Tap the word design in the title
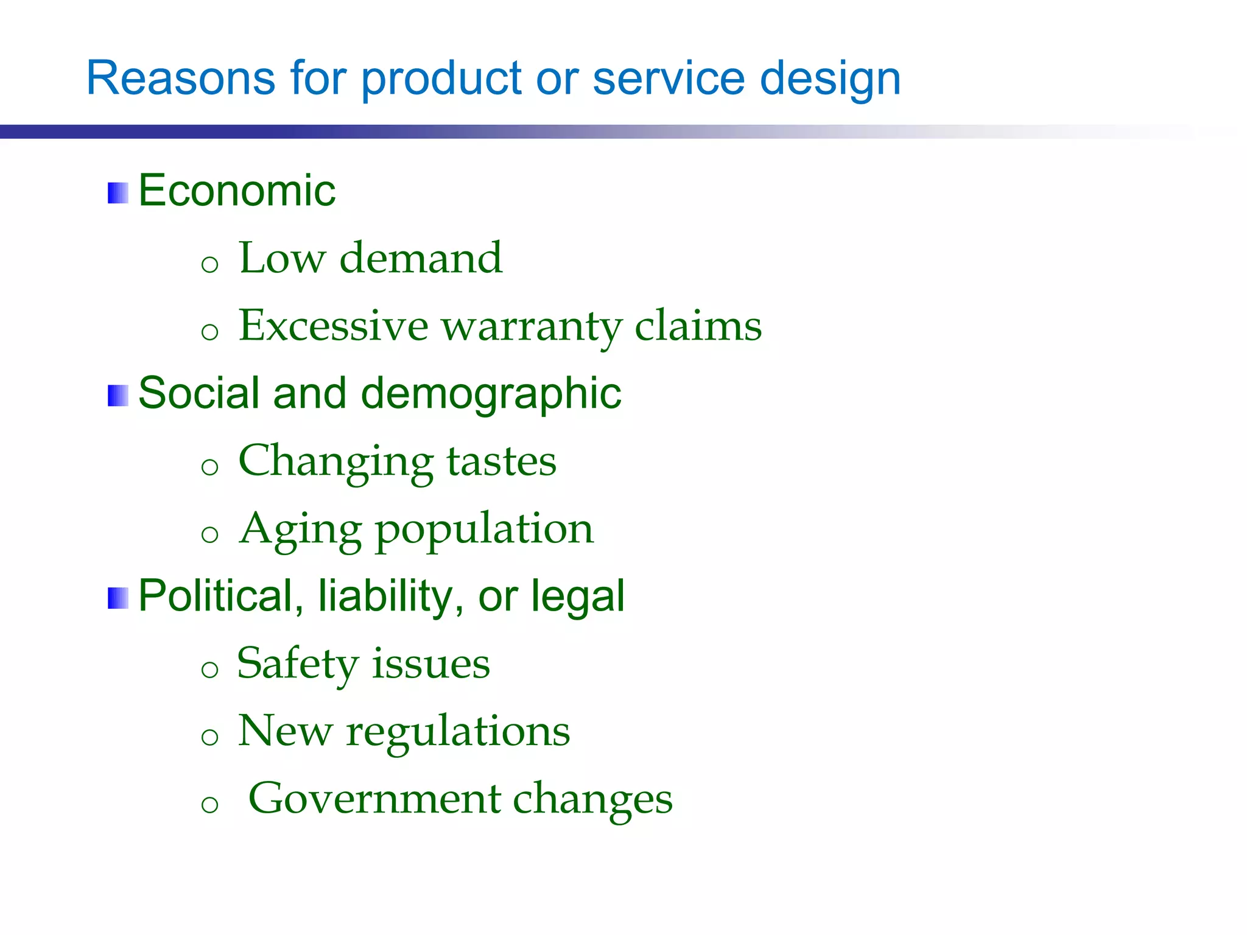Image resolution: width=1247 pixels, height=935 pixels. (x=831, y=79)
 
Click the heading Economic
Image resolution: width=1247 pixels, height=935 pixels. (x=237, y=191)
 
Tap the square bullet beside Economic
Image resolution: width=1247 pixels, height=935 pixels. (x=118, y=193)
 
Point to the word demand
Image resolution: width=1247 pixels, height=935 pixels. (x=421, y=258)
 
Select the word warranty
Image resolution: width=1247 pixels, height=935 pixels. (x=532, y=326)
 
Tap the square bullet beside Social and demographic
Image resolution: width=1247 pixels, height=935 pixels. (x=118, y=396)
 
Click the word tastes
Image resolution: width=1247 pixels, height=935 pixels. (x=501, y=461)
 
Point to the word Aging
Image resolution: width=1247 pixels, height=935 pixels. (x=301, y=530)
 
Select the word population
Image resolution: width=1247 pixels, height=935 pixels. (x=484, y=530)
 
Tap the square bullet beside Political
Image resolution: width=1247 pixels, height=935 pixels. (x=118, y=598)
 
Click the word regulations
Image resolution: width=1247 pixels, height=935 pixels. (x=458, y=732)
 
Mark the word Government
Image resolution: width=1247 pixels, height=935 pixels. (x=374, y=799)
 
